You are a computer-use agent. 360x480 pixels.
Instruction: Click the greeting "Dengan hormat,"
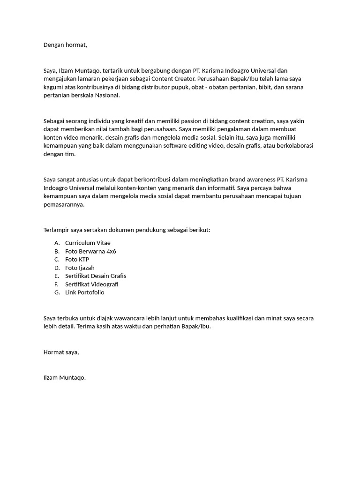click(65, 45)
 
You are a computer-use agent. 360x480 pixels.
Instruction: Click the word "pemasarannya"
click(64, 205)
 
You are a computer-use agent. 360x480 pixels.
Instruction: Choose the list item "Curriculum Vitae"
click(88, 243)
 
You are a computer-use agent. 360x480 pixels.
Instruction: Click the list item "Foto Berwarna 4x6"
click(90, 251)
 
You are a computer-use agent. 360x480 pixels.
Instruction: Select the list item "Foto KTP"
click(77, 259)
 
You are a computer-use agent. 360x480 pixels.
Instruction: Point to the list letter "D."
click(57, 268)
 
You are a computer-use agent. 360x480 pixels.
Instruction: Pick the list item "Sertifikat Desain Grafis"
click(96, 276)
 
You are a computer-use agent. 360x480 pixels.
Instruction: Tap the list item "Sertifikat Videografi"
click(92, 284)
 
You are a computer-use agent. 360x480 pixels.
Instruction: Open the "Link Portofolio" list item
click(85, 292)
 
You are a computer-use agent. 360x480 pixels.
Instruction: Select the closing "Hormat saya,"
click(61, 352)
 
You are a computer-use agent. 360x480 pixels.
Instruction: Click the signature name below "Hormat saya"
click(65, 377)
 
